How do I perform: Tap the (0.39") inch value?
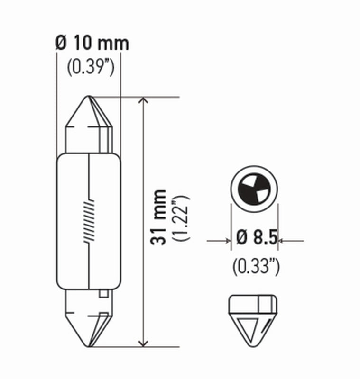pos(90,67)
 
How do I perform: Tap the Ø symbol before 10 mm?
pos(61,44)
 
